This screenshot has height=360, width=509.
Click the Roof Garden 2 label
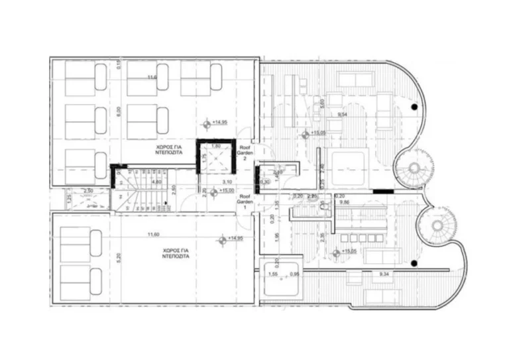(x=245, y=154)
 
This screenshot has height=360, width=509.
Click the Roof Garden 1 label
(x=245, y=202)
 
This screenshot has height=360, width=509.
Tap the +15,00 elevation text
(x=227, y=191)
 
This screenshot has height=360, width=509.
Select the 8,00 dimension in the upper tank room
(x=119, y=112)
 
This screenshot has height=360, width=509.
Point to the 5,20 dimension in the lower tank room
(x=119, y=257)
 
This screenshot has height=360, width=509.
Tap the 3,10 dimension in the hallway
(x=225, y=181)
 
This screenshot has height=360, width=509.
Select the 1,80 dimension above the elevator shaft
(x=214, y=145)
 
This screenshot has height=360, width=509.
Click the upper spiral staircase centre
(x=416, y=167)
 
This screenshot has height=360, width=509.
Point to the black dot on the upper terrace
(x=414, y=107)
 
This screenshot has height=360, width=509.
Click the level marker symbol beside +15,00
(x=213, y=191)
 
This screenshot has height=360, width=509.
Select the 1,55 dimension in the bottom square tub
(x=272, y=273)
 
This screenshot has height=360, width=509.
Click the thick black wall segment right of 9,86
(x=383, y=192)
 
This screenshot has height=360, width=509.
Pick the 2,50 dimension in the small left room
(x=87, y=191)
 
